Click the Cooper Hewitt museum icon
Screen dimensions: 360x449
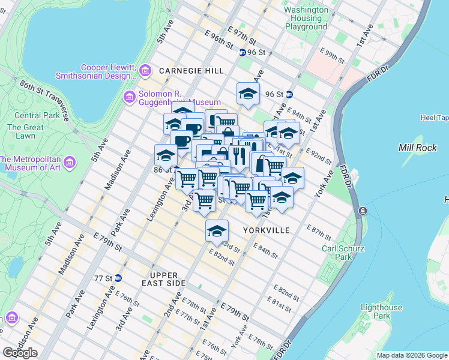[145, 71]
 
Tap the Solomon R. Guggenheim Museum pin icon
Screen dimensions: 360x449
[129, 97]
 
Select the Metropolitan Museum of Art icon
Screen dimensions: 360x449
[70, 163]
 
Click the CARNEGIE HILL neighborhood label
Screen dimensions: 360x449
[191, 71]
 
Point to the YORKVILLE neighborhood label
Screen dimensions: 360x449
[267, 230]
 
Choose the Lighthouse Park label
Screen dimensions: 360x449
[381, 311]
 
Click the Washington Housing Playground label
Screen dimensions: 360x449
[306, 19]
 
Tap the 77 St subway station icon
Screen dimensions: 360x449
[118, 278]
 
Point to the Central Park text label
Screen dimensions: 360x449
[28, 115]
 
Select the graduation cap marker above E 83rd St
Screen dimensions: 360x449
[217, 230]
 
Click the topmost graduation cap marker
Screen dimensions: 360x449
[248, 93]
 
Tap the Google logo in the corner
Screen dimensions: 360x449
[20, 353]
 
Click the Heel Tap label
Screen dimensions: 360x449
[434, 118]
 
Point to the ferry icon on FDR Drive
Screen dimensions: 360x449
[362, 211]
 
